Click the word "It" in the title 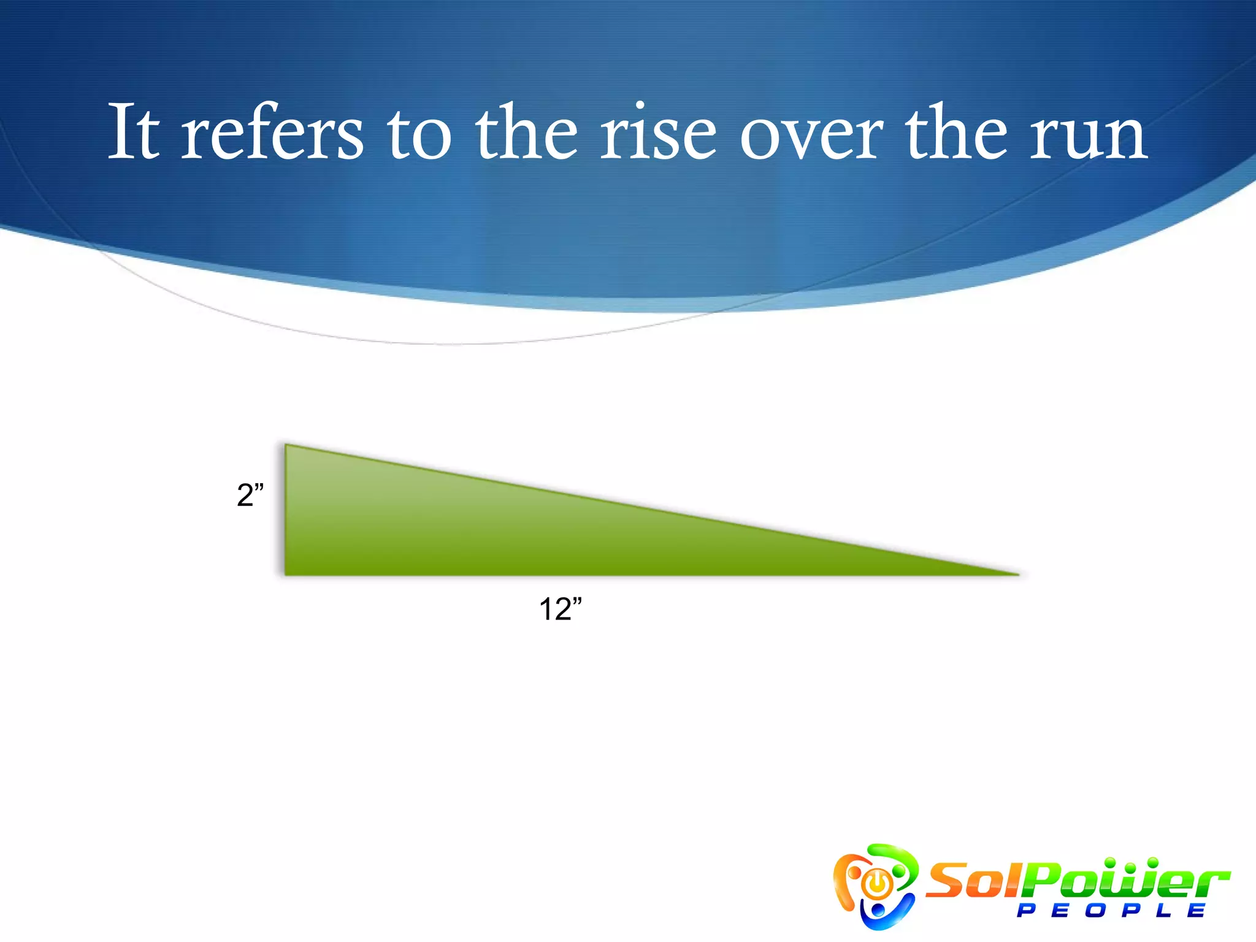pyautogui.click(x=134, y=132)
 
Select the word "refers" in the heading pyautogui.click(x=272, y=132)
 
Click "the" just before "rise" pyautogui.click(x=527, y=132)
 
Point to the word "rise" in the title pyautogui.click(x=657, y=132)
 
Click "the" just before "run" pyautogui.click(x=956, y=132)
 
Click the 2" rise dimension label pyautogui.click(x=250, y=494)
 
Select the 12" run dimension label pyautogui.click(x=560, y=609)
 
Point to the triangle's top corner pyautogui.click(x=287, y=446)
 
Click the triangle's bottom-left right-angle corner pyautogui.click(x=286, y=573)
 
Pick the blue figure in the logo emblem pyautogui.click(x=880, y=912)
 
